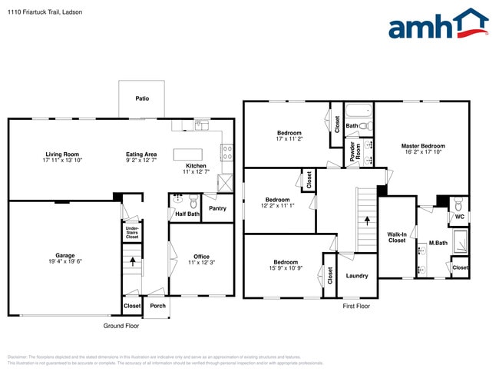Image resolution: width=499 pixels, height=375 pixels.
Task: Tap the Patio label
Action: [142, 98]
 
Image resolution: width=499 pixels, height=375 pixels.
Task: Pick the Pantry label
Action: [217, 208]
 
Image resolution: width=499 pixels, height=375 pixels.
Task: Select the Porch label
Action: [157, 306]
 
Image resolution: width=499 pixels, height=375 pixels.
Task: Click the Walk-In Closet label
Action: [396, 237]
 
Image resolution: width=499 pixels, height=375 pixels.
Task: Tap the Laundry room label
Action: [357, 276]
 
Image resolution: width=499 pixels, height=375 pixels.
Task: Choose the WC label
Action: [459, 217]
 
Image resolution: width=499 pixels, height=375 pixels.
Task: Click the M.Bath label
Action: [438, 244]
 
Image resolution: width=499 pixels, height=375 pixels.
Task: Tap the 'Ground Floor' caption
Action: [121, 326]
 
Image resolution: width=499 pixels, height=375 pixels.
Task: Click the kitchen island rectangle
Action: [187, 153]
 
